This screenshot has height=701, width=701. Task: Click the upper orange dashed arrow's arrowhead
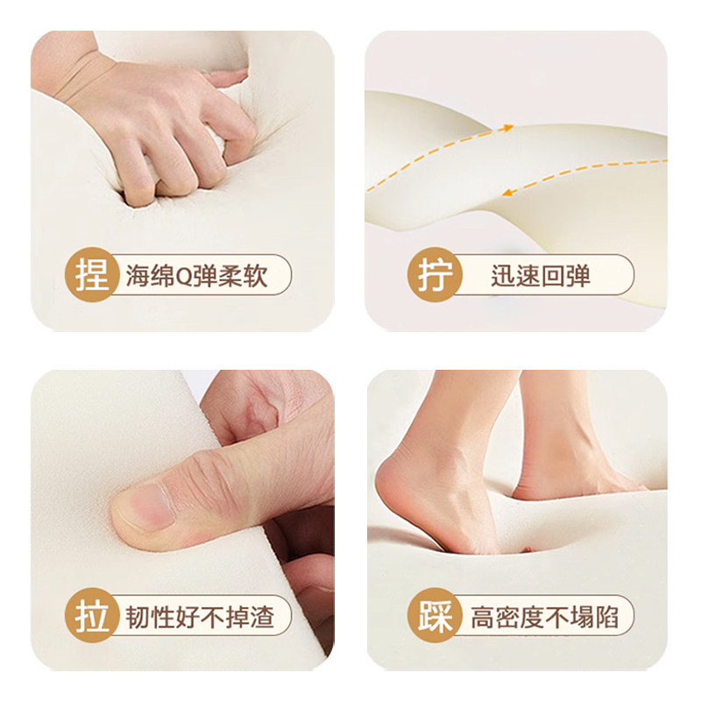point(507,130)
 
